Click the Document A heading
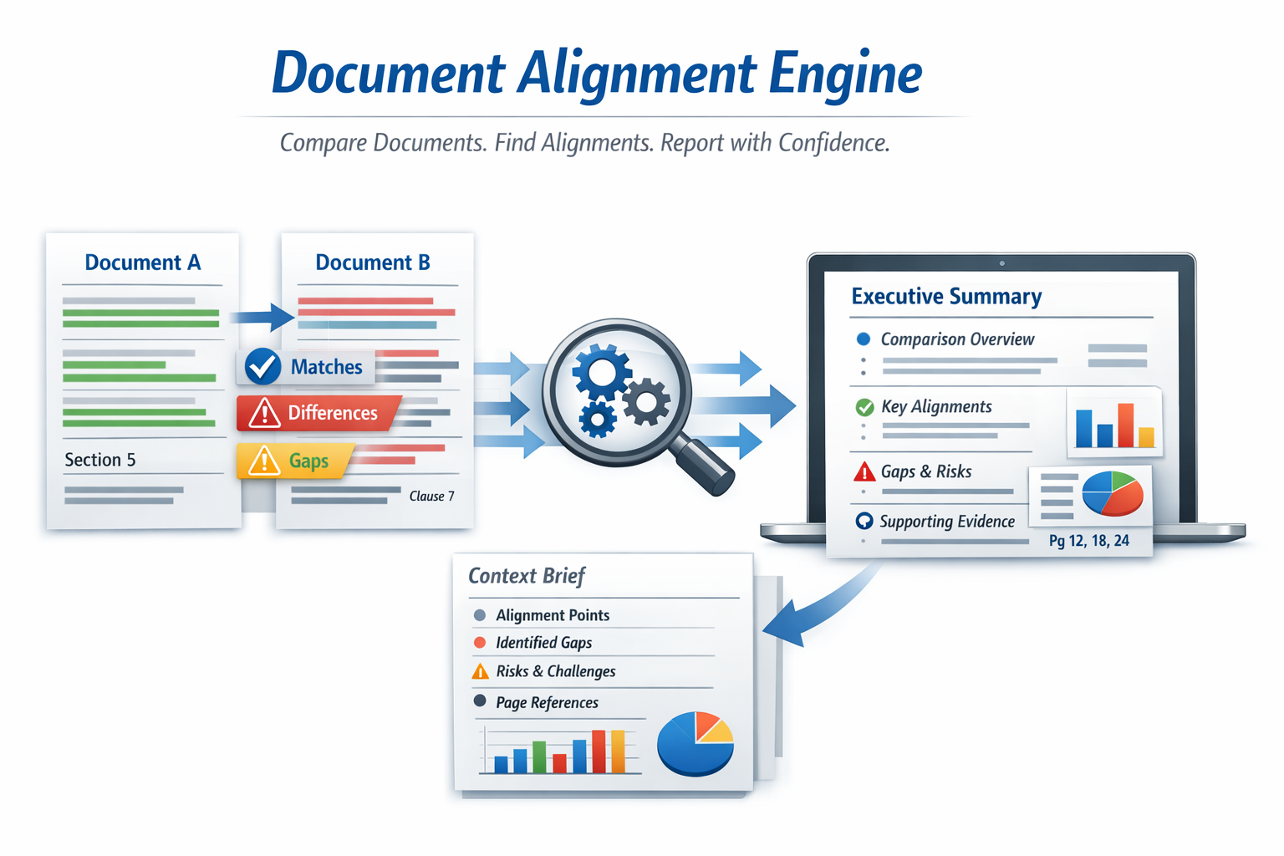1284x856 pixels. (x=143, y=262)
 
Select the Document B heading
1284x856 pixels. (x=373, y=262)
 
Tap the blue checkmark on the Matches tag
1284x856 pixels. (x=262, y=366)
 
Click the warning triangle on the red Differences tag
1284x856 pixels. (x=264, y=413)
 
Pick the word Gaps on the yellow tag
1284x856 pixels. (x=308, y=461)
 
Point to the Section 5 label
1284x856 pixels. (x=100, y=460)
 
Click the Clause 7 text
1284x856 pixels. (x=431, y=496)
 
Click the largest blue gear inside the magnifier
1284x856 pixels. (x=601, y=373)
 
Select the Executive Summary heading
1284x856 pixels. (x=946, y=297)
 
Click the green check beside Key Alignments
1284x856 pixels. (x=864, y=407)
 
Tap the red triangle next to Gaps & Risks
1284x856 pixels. (x=864, y=472)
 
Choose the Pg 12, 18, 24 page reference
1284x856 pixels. (x=1088, y=541)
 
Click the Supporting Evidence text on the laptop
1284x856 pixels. (x=946, y=522)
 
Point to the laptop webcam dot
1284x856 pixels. (x=1001, y=263)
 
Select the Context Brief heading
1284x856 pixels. (x=527, y=576)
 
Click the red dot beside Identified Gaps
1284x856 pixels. (x=480, y=642)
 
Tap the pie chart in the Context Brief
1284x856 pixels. (x=695, y=742)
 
